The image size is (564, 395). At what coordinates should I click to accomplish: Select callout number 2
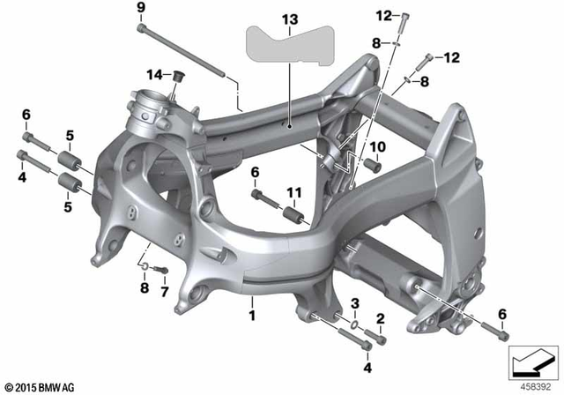point(380,318)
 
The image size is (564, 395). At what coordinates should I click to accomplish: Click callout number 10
point(381,145)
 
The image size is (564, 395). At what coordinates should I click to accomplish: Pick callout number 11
point(293,193)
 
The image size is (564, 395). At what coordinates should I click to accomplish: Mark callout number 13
point(290,19)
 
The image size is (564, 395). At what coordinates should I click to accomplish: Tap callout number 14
point(155,73)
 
